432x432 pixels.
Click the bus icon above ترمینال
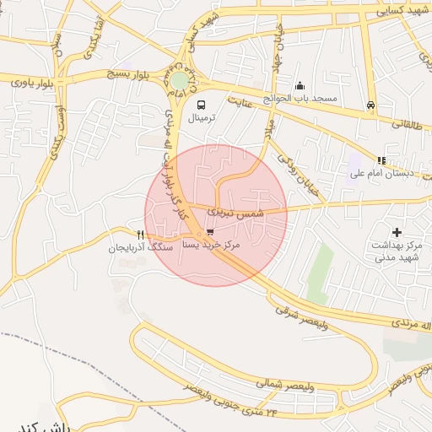202,105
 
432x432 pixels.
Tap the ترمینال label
206,118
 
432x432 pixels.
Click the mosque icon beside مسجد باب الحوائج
300,85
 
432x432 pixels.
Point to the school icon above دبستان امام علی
381,159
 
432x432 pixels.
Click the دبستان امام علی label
379,174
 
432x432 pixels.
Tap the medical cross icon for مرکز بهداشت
397,231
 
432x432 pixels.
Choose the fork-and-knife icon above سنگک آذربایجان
141,235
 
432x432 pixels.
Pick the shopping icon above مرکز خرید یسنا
209,231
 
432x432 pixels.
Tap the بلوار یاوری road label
31,83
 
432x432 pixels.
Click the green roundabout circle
180,80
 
